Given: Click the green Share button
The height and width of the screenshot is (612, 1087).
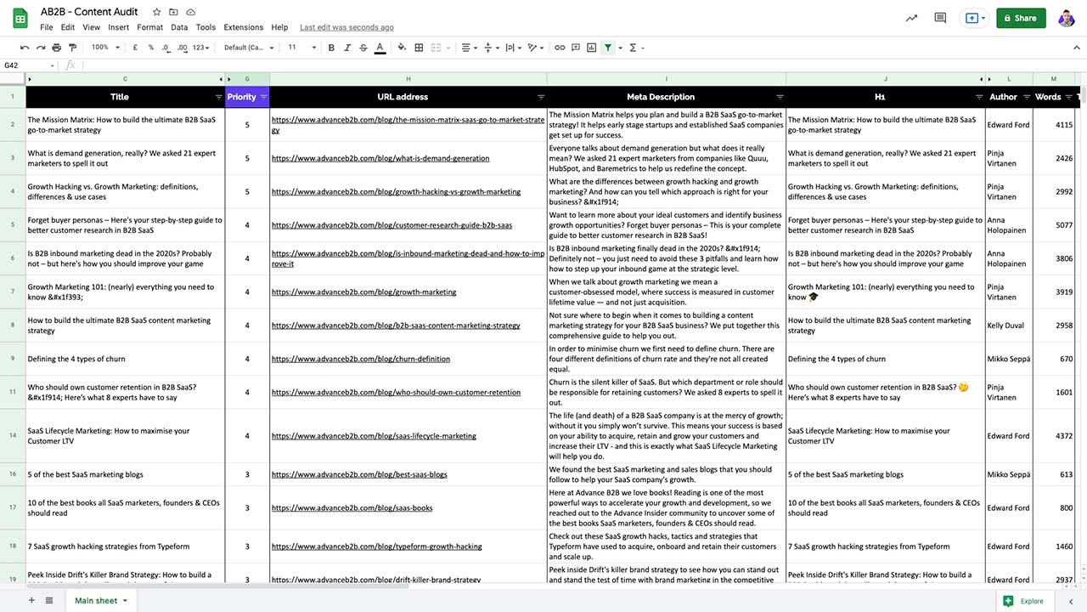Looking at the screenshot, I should (1020, 18).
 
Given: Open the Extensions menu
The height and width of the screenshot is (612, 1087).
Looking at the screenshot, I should (243, 27).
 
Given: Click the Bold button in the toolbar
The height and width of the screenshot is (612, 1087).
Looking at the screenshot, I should (331, 48).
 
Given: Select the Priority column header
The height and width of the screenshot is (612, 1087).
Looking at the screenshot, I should (241, 97).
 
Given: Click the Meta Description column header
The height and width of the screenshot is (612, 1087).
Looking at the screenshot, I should (661, 97).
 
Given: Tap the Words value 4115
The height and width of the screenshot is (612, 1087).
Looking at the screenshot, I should (1064, 125).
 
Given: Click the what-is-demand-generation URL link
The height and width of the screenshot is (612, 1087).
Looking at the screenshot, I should (380, 158).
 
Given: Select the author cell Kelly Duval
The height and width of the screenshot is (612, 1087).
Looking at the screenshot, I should (1005, 326).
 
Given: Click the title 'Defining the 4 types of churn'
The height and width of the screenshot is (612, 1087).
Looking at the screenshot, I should (76, 359).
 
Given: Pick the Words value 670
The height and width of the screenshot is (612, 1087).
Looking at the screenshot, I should (1067, 359).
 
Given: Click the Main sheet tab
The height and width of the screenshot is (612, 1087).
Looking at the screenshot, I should (96, 601).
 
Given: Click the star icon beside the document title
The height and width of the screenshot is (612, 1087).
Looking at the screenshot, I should (157, 13).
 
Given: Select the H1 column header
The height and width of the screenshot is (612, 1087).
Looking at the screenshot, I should (880, 97).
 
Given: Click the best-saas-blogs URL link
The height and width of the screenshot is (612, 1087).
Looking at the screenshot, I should (359, 474).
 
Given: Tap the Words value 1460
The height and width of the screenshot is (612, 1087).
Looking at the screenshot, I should (1064, 547).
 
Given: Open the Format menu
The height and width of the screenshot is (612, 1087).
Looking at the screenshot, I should (149, 27).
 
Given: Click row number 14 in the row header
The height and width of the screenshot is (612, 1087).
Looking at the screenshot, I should (13, 436).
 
